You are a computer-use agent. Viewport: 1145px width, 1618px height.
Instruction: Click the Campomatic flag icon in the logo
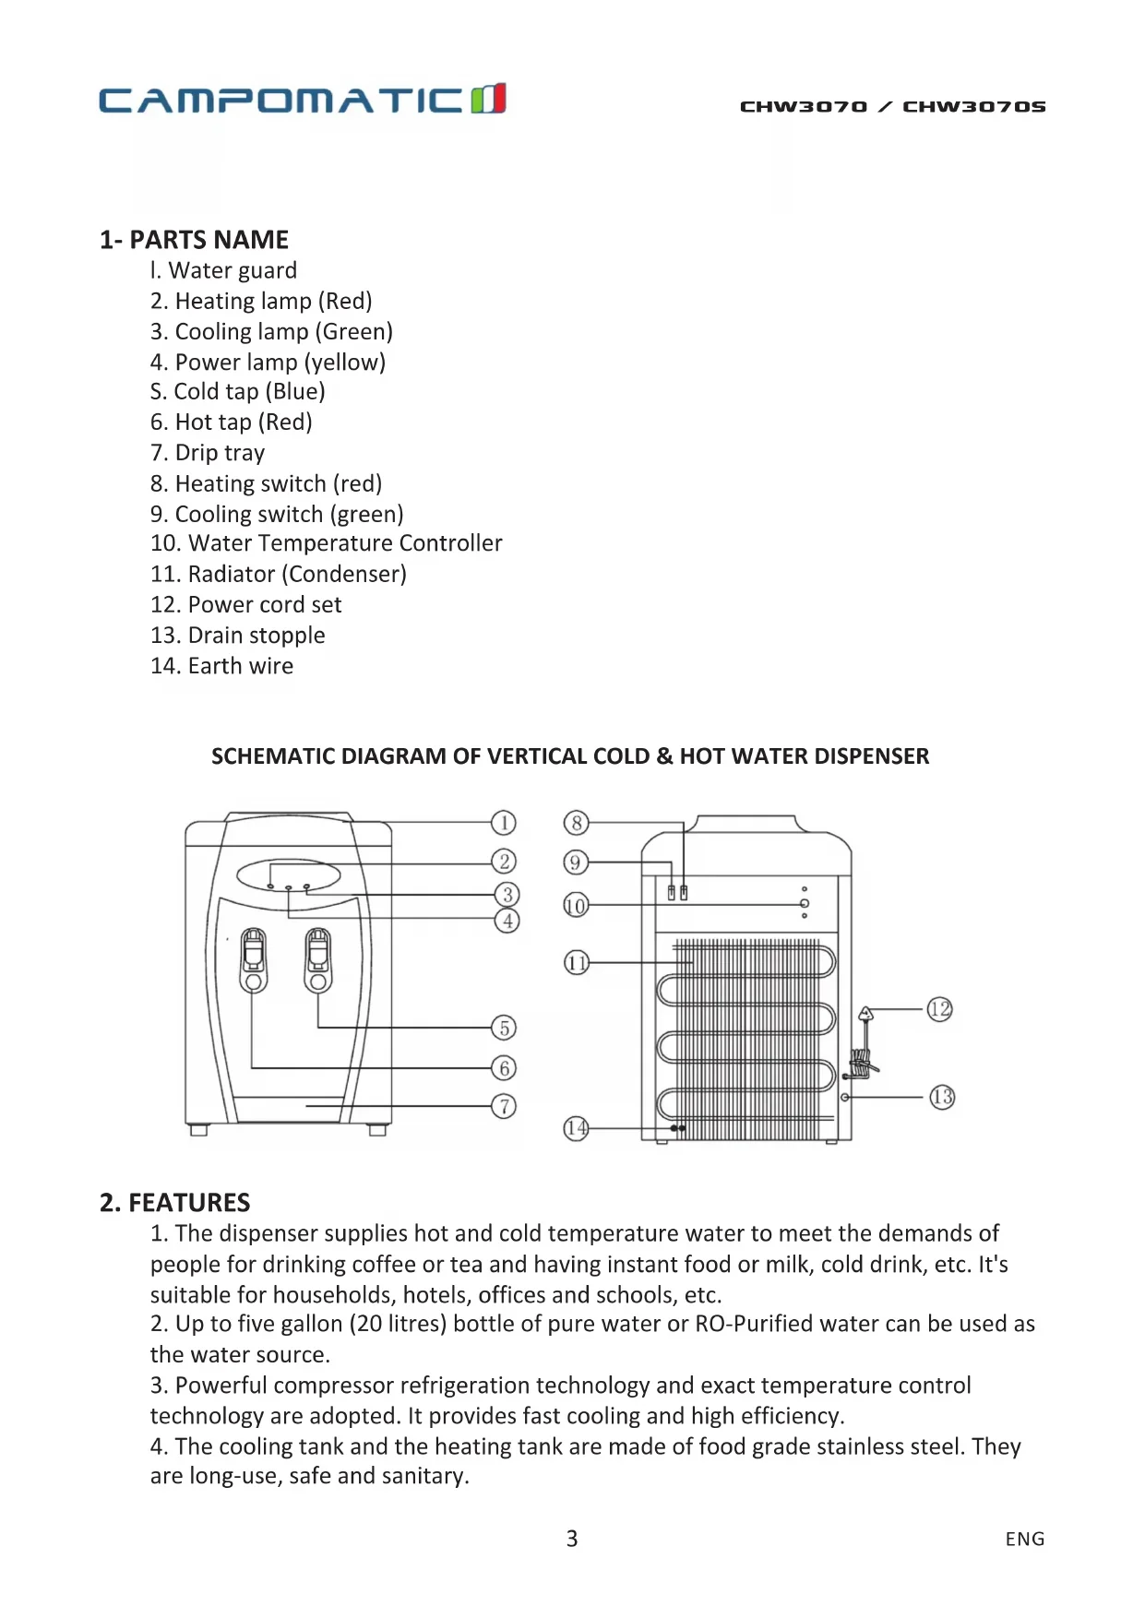coord(488,99)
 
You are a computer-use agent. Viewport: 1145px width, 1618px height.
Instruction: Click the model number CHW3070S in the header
coord(973,107)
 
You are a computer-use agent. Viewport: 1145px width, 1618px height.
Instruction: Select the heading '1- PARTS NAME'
coord(194,240)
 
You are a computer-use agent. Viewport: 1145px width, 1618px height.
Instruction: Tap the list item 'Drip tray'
coord(208,453)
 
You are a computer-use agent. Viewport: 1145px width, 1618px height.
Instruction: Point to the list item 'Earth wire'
coord(222,666)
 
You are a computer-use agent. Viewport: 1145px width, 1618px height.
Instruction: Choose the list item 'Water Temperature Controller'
coord(327,543)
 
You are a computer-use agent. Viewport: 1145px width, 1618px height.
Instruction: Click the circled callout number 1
coord(503,823)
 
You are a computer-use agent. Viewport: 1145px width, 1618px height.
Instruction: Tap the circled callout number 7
coord(504,1106)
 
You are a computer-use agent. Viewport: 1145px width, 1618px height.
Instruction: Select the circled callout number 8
coord(576,823)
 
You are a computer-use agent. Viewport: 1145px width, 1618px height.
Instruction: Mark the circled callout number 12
coord(939,1009)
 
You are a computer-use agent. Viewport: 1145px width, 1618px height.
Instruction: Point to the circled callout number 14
coord(576,1128)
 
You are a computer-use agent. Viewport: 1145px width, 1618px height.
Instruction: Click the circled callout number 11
coord(577,964)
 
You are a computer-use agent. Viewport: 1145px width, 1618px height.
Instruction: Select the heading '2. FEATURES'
coord(175,1203)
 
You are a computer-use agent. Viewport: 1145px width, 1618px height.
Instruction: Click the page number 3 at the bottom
coord(572,1539)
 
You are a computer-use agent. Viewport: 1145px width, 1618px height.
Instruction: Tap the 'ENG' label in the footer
coord(1025,1539)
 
